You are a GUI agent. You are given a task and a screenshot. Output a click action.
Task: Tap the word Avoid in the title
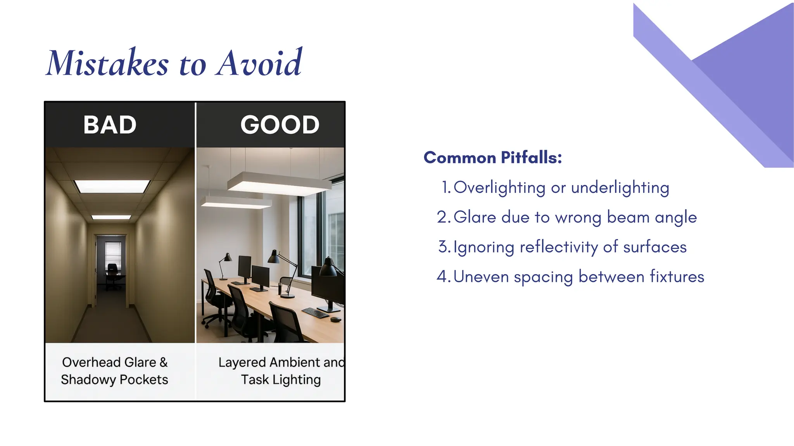[x=259, y=63]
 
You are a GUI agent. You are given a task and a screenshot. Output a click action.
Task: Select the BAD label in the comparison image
[x=110, y=125]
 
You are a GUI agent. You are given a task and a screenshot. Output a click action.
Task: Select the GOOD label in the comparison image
[x=280, y=125]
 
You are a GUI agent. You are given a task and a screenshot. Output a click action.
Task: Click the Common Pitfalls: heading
[x=492, y=158]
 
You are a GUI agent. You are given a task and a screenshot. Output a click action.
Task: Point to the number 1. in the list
[x=446, y=187]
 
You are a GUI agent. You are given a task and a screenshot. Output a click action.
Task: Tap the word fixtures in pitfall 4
[x=677, y=276]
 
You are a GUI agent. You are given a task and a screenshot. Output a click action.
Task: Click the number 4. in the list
[x=444, y=276]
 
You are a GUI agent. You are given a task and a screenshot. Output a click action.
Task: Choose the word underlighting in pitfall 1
[x=620, y=188]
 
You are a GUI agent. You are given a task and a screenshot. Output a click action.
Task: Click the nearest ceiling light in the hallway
[x=112, y=186]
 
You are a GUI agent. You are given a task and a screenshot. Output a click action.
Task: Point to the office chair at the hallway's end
[x=112, y=276]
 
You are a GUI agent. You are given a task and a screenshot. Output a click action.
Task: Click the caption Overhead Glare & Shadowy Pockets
[x=115, y=371]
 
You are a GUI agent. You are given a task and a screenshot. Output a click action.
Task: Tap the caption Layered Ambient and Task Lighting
[x=281, y=371]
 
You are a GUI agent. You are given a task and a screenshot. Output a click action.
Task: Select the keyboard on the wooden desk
[x=316, y=312]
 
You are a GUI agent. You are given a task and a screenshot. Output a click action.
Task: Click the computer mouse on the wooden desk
[x=336, y=319]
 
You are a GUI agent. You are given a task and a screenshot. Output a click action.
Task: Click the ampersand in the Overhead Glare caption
[x=163, y=362]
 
